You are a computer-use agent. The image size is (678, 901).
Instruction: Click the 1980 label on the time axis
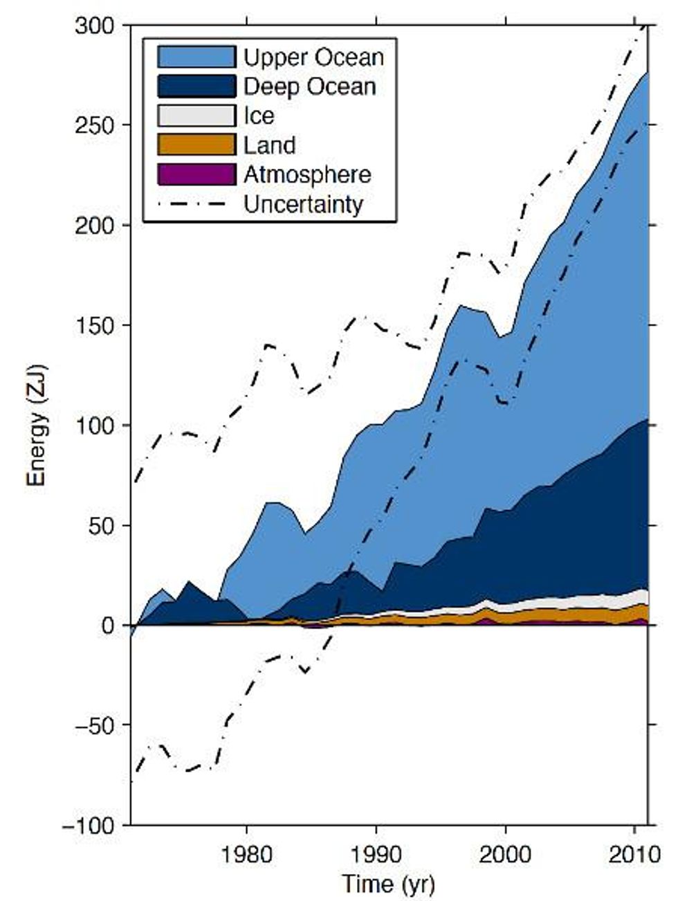pos(246,854)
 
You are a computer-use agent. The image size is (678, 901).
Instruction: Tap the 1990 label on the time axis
pos(376,854)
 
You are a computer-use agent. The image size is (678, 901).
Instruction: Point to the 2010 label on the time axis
pos(634,854)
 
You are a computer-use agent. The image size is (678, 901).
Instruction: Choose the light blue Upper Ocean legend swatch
pos(196,57)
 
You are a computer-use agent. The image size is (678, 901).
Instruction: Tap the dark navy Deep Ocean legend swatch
pos(196,87)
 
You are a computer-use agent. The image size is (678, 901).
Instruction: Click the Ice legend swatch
pos(196,116)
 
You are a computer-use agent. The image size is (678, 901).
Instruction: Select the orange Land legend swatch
pos(196,145)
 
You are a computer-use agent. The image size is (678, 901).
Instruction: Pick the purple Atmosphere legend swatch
pos(196,174)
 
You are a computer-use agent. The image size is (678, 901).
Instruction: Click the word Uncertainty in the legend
pos(303,204)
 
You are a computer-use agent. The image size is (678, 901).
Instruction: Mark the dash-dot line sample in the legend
pos(196,204)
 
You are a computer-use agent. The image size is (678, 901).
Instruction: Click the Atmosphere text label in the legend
pos(307,174)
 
